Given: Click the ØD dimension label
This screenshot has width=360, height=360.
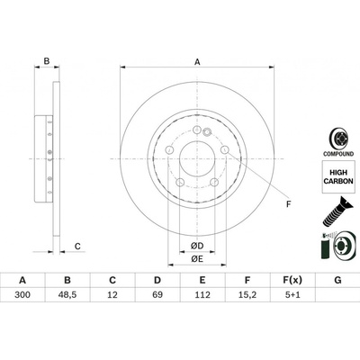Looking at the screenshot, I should [x=197, y=245].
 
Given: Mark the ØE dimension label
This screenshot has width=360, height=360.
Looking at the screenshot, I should [x=197, y=258].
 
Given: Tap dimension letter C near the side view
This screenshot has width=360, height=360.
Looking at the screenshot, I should [x=78, y=245].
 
